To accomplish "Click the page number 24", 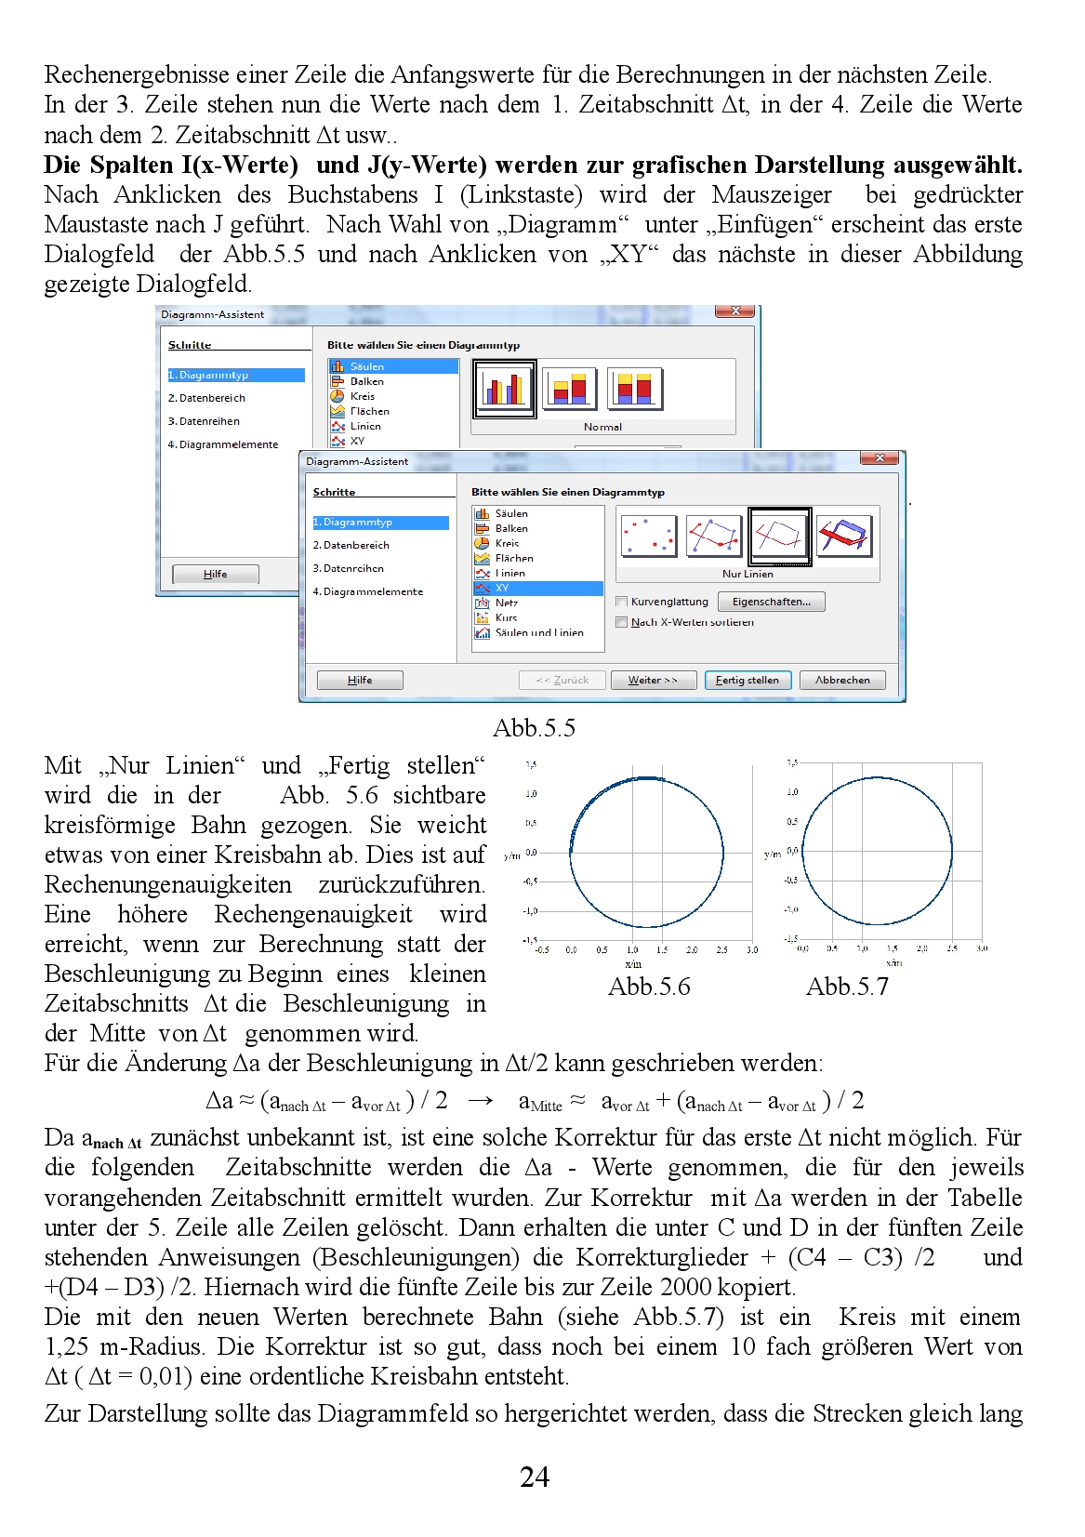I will [x=535, y=1477].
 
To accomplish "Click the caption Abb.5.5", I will [x=534, y=728].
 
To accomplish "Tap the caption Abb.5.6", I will [x=649, y=987].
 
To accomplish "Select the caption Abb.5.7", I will [x=847, y=987].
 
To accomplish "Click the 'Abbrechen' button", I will [x=842, y=681].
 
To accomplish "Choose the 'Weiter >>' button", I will [x=653, y=681].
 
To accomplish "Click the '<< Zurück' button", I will [x=562, y=681].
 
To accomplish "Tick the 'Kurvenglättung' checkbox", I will [x=622, y=602].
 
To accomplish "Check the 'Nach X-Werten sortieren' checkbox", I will [x=622, y=622].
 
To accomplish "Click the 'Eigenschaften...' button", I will [x=771, y=602].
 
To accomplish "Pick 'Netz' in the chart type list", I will [x=506, y=603].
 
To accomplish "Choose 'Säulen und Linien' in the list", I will [x=539, y=632].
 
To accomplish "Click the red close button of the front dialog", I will [x=879, y=458].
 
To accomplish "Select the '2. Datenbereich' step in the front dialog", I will [x=351, y=545].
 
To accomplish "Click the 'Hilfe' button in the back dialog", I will [x=216, y=575].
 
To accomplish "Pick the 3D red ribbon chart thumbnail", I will [x=844, y=536].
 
